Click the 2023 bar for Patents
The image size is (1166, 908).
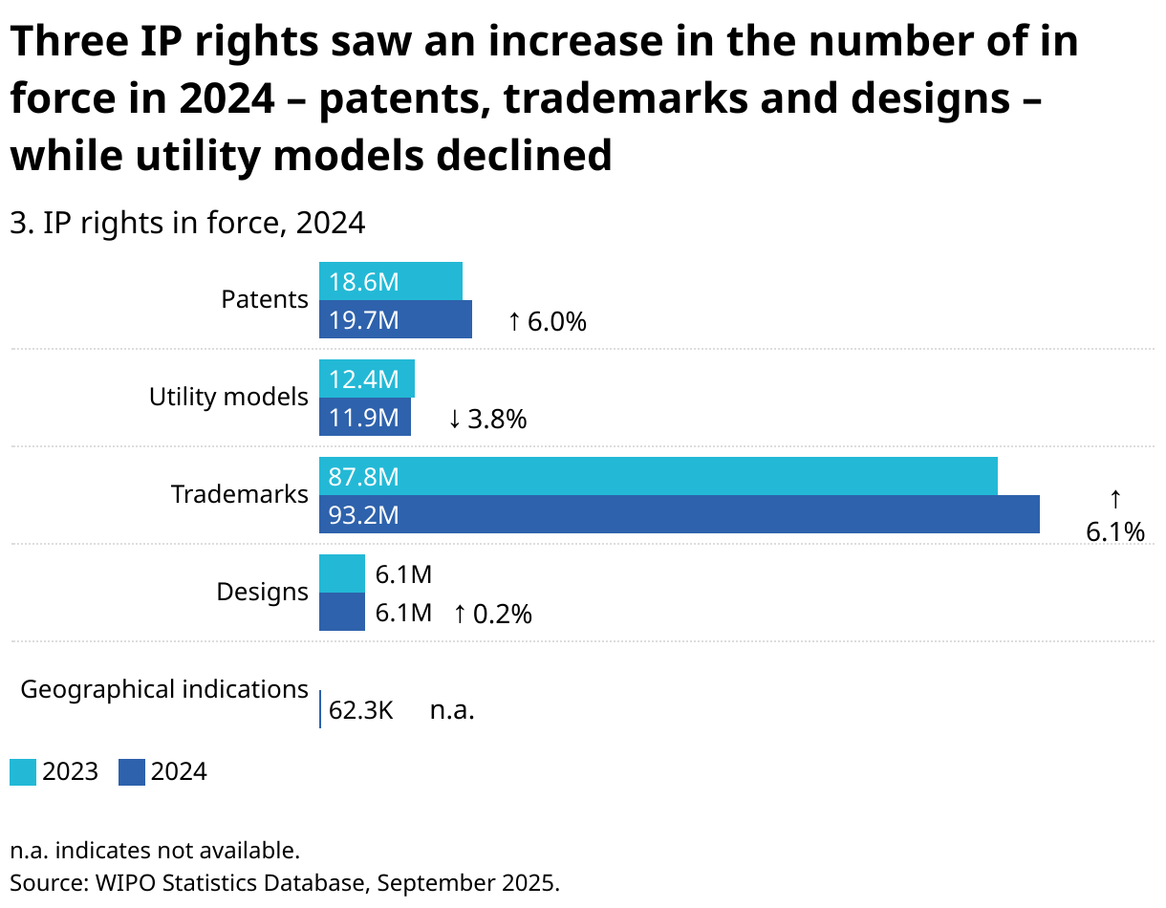point(390,281)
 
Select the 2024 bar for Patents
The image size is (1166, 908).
point(395,320)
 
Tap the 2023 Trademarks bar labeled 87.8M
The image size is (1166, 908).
point(658,476)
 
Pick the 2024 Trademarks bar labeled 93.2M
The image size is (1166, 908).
point(679,515)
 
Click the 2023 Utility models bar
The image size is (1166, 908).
point(366,378)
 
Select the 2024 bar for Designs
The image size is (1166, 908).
point(341,612)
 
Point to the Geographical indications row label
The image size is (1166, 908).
point(164,689)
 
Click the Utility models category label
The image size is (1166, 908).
point(228,397)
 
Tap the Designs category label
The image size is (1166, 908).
point(262,592)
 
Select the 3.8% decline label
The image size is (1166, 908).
point(488,419)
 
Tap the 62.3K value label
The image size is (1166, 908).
point(360,710)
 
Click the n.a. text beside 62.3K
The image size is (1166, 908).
point(452,710)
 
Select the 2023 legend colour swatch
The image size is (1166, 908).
point(23,772)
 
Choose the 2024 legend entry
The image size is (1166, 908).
point(163,772)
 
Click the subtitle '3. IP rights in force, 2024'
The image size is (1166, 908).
point(187,223)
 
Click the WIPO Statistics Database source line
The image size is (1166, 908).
point(284,882)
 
